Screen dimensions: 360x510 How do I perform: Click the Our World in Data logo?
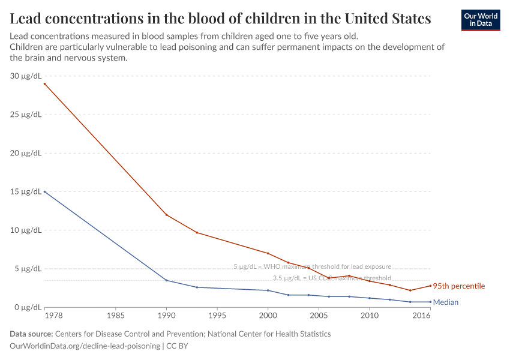(x=480, y=20)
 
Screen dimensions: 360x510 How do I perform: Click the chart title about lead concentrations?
(x=220, y=19)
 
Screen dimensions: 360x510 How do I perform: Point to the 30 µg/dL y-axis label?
(x=26, y=76)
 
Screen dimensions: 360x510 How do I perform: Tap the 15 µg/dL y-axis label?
(x=26, y=192)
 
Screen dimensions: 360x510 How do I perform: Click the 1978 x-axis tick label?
(x=45, y=315)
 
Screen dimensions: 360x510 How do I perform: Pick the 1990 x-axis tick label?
(x=166, y=315)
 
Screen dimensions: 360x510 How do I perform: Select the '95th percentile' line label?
(x=459, y=286)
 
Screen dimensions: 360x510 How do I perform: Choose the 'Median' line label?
(x=446, y=302)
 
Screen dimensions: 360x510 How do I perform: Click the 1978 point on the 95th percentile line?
(x=44, y=84)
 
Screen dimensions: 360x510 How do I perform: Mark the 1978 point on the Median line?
(x=44, y=192)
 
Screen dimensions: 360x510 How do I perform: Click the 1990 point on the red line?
(x=166, y=215)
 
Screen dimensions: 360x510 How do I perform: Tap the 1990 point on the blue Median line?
(x=166, y=280)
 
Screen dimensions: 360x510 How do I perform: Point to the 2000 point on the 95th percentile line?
(x=268, y=253)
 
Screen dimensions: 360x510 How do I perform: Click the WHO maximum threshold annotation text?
(x=312, y=266)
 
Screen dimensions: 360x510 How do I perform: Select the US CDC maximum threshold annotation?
(x=332, y=278)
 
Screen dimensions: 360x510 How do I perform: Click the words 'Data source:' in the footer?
(x=31, y=334)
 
